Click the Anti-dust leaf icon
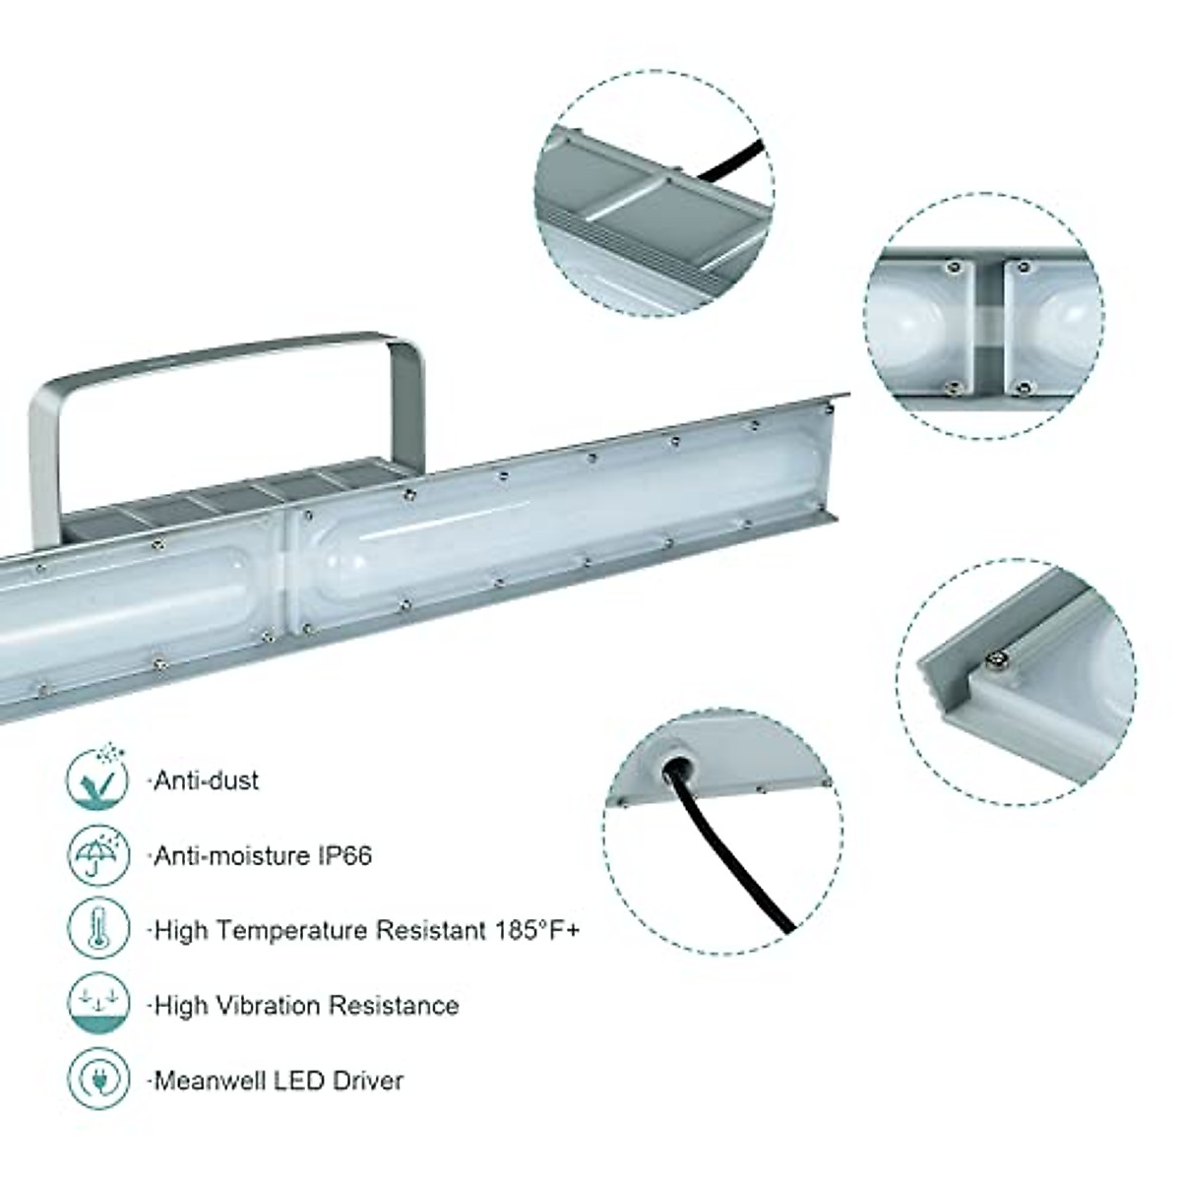[x=98, y=779]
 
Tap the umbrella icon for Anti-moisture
[x=98, y=854]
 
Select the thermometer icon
[x=98, y=930]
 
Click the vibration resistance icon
[x=98, y=1005]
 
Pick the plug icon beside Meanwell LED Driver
[x=98, y=1080]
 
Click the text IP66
[x=344, y=855]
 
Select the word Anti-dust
[x=207, y=780]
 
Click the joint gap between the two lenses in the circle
[x=988, y=325]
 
